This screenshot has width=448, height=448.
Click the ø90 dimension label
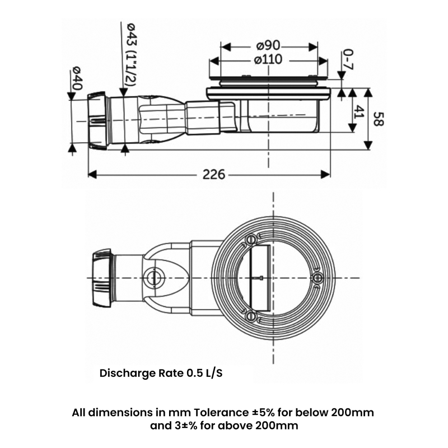tap(269, 45)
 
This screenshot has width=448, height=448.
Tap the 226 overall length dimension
tap(213, 175)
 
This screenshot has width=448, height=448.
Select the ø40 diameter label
tap(77, 79)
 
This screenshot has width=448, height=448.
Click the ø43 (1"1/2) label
tap(130, 55)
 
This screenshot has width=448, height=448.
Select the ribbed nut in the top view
tap(101, 277)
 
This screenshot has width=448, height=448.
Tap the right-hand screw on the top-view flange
tap(318, 278)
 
